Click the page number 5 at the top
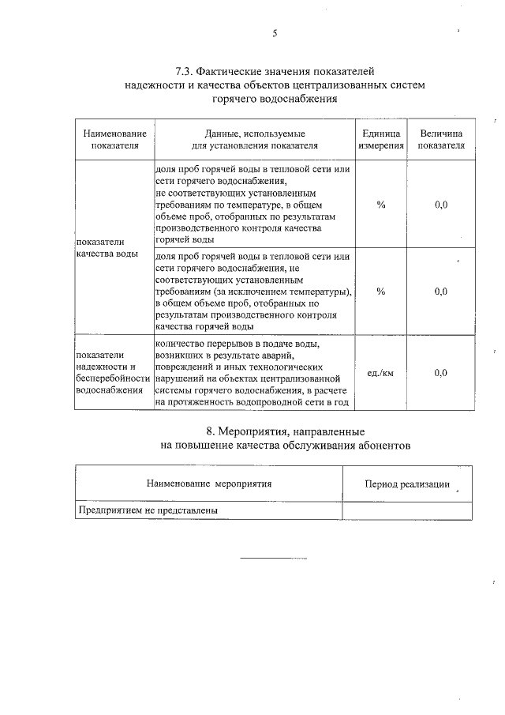click(275, 34)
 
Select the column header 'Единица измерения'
click(381, 139)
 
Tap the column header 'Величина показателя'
click(441, 139)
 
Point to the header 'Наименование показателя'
click(114, 139)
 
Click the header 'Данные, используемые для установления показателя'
click(254, 139)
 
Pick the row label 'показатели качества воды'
click(107, 247)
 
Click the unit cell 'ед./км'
click(380, 373)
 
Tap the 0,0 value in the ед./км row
click(441, 373)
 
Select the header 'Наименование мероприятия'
click(209, 484)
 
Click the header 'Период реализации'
click(406, 484)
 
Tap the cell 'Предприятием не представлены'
click(148, 510)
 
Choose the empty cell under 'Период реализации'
click(407, 510)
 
